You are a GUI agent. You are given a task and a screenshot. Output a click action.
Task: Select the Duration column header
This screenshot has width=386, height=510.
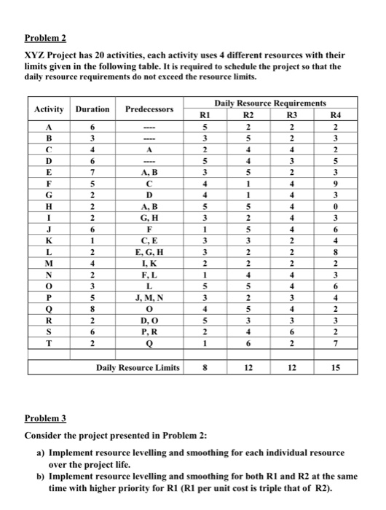point(92,109)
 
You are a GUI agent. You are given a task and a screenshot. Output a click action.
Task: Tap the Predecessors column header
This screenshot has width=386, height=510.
point(149,109)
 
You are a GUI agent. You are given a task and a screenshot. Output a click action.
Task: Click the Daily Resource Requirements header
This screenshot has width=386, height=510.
point(269,105)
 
